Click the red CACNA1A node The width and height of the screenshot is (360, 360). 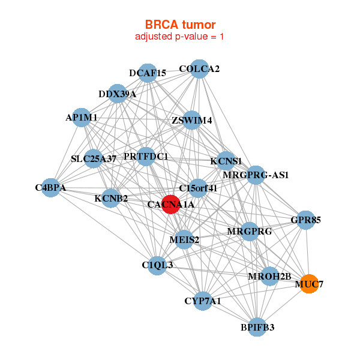point(170,205)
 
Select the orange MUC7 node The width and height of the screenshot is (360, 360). point(309,284)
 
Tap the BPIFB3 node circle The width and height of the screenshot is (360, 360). point(257,327)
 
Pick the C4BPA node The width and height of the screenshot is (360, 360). point(51,188)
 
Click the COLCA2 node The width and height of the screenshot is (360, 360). point(199,69)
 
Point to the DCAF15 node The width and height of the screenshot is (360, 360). point(148,73)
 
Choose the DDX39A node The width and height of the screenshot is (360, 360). point(118,94)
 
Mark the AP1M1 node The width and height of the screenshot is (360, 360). point(81,118)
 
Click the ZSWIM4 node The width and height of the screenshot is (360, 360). point(192,120)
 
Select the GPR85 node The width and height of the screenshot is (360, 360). point(305,220)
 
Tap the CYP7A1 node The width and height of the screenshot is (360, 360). point(203,301)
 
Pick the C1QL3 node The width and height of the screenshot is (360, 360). point(157,265)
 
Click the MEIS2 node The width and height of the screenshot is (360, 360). point(184,239)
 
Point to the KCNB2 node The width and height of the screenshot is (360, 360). point(111,198)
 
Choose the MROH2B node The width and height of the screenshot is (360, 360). point(270,276)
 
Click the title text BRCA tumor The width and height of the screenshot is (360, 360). point(180,25)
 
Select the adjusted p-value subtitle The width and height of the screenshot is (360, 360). point(179,37)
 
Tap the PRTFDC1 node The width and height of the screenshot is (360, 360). point(146,157)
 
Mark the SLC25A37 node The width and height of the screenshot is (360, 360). point(93,158)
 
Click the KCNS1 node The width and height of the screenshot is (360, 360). point(226,161)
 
